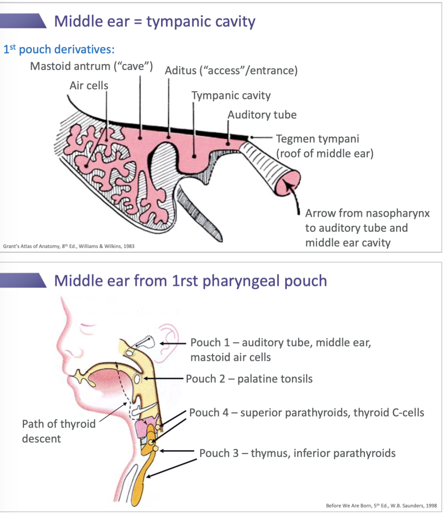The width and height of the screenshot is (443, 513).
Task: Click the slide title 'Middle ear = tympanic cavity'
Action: tap(155, 22)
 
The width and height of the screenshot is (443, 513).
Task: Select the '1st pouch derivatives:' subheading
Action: tap(59, 50)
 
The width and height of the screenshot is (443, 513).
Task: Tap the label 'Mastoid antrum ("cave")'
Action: tap(91, 66)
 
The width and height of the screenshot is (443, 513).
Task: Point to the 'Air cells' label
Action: tap(89, 86)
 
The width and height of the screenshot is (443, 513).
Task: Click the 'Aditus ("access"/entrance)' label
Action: tap(231, 71)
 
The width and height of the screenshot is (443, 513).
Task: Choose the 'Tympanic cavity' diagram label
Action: tap(231, 96)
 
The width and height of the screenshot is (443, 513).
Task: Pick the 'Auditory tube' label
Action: tap(262, 115)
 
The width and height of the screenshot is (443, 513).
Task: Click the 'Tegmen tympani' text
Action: tap(317, 139)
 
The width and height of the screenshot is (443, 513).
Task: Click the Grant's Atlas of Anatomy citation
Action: tap(69, 246)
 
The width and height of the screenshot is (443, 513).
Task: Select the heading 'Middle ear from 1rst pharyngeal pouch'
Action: tap(190, 281)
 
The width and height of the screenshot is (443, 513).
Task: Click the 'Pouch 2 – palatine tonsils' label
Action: tap(249, 379)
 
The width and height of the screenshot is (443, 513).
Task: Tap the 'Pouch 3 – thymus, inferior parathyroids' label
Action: tap(297, 453)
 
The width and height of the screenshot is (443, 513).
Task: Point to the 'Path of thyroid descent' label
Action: tap(58, 431)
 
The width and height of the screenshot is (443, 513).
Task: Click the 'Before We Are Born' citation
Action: tap(381, 506)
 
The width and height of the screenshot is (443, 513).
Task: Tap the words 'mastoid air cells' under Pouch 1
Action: tap(230, 358)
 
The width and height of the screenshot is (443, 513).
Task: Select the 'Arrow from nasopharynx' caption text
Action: tap(367, 213)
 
